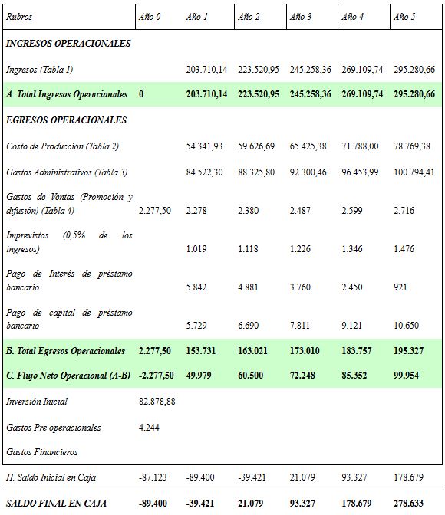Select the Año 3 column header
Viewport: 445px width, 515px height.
click(300, 17)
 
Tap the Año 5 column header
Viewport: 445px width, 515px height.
click(404, 17)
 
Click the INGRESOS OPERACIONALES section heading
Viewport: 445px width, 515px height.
click(68, 44)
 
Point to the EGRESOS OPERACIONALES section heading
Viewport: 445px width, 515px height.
click(66, 120)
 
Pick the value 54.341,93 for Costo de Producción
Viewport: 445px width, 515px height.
click(204, 146)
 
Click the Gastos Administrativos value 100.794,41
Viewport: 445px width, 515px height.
click(414, 172)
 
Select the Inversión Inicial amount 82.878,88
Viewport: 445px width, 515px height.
click(157, 402)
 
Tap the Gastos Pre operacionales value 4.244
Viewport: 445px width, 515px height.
click(150, 427)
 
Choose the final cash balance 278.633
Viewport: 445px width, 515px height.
click(407, 503)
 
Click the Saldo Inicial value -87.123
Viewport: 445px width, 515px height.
click(152, 477)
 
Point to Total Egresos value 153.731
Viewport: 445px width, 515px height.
click(202, 351)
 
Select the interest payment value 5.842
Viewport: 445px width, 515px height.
click(196, 287)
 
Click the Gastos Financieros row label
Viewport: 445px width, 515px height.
click(41, 452)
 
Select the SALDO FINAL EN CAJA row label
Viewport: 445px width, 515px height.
click(56, 503)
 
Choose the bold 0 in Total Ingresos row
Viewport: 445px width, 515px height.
click(142, 95)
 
